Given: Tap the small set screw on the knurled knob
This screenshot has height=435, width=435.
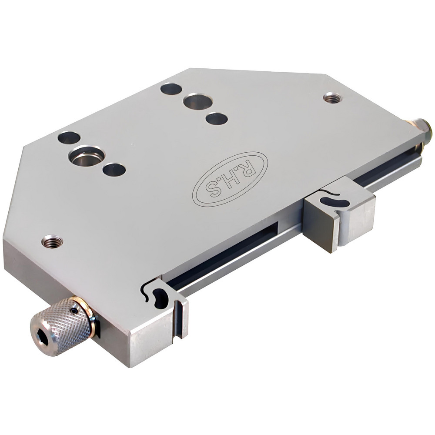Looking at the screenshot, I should pos(76,311).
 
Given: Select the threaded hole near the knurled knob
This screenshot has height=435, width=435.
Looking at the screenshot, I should pos(52,241).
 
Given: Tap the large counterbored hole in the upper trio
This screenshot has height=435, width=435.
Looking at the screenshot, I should pos(198,102).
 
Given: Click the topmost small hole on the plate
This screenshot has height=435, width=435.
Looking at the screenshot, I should pos(171,89).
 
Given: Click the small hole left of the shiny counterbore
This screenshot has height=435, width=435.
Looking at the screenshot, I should pos(69,138).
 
